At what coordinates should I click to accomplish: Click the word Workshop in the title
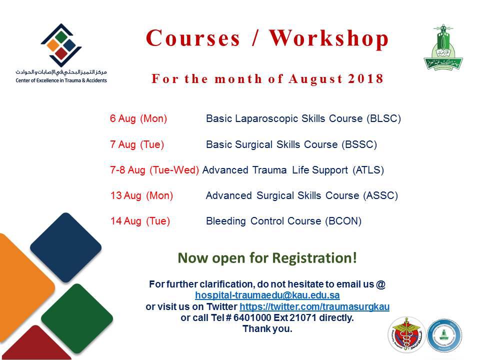pyautogui.click(x=329, y=38)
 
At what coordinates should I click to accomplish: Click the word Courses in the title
pyautogui.click(x=193, y=38)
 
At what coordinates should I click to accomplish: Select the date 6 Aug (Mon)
pyautogui.click(x=138, y=118)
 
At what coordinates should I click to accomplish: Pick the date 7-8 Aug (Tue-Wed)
pyautogui.click(x=154, y=170)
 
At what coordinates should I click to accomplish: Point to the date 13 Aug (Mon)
pyautogui.click(x=141, y=195)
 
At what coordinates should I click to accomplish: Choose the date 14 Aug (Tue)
pyautogui.click(x=140, y=220)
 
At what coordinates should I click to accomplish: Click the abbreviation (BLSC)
pyautogui.click(x=384, y=118)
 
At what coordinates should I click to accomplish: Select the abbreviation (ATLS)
pyautogui.click(x=368, y=170)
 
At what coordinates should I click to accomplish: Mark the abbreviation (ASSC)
pyautogui.click(x=380, y=195)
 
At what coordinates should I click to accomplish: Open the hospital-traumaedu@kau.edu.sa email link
pyautogui.click(x=267, y=295)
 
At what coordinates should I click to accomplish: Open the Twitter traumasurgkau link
pyautogui.click(x=314, y=306)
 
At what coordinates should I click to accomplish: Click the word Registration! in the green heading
pyautogui.click(x=314, y=258)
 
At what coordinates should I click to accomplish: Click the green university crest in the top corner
pyautogui.click(x=443, y=47)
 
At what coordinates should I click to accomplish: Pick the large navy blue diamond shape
pyautogui.click(x=65, y=247)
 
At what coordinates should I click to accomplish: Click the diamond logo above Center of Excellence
pyautogui.click(x=61, y=45)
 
